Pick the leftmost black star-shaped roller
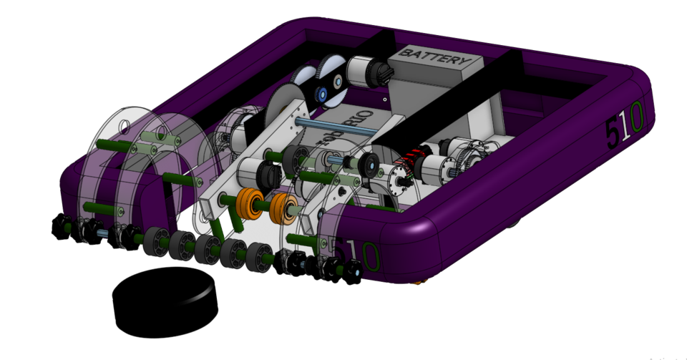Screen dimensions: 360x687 (x=61, y=228)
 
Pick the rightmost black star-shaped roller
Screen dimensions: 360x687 (x=351, y=270)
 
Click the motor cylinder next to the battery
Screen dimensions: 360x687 (x=364, y=72)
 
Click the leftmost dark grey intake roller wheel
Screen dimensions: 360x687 (x=155, y=240)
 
